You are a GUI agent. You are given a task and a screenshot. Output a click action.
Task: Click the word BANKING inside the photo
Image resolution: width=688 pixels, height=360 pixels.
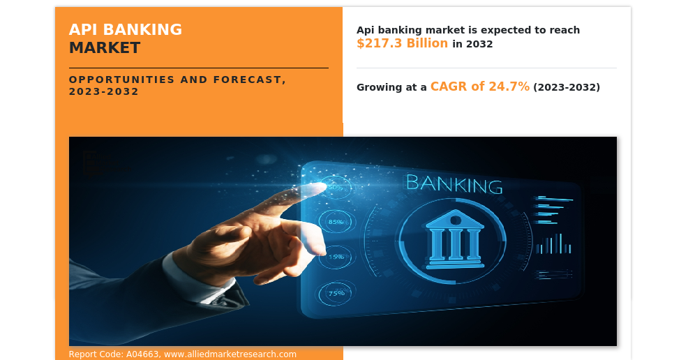(454, 185)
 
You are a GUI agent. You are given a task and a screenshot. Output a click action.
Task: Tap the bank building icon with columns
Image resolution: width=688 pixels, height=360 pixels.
(454, 239)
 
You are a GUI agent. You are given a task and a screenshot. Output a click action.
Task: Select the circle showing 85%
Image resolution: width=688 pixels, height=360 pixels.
(336, 222)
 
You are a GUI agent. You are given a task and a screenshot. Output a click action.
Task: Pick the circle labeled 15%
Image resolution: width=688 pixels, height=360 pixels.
(336, 257)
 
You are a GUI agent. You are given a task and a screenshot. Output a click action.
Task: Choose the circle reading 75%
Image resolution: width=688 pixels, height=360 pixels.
(336, 293)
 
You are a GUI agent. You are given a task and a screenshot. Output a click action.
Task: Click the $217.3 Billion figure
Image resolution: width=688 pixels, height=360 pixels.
(402, 43)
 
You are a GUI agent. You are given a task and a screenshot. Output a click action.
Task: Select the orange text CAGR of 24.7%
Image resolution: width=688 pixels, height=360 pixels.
(479, 87)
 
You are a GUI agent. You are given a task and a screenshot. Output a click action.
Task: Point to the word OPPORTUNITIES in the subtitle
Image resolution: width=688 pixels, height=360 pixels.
(119, 80)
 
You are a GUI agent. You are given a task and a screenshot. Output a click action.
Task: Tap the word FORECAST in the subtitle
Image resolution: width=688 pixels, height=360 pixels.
(243, 80)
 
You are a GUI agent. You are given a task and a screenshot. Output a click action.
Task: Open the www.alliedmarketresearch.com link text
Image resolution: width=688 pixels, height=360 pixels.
(230, 354)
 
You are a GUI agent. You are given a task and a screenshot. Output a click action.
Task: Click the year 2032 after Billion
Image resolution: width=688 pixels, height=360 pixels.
(479, 44)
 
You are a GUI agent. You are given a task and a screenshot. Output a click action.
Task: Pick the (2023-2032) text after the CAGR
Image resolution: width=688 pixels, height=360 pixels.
(566, 87)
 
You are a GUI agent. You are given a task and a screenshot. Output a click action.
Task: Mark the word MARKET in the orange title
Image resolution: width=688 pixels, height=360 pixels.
(105, 48)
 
